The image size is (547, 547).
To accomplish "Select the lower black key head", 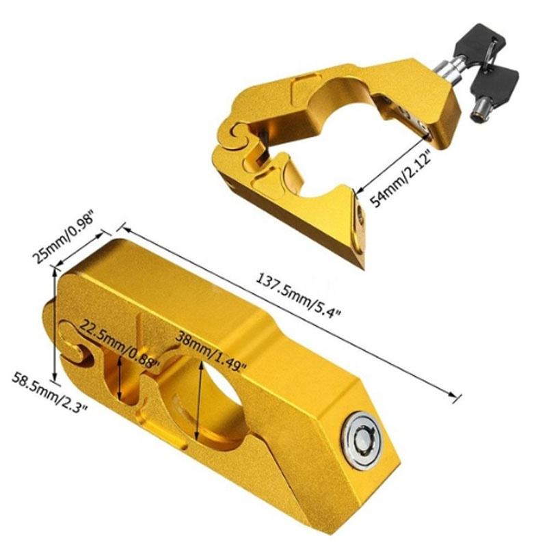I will point(498,83).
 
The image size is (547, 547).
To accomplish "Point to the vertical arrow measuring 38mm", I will point(200,400).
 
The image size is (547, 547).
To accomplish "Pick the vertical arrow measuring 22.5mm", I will point(121,379).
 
